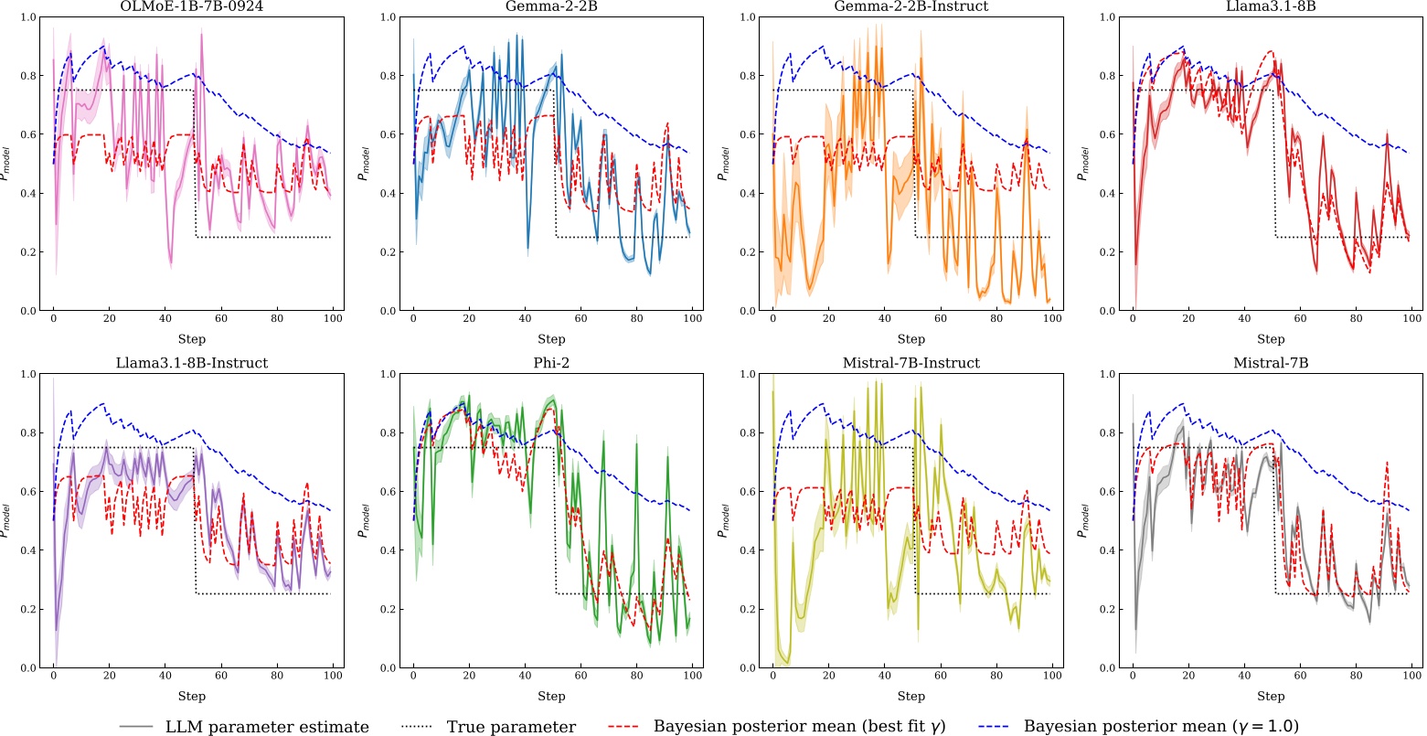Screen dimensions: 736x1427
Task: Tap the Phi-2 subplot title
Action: (x=551, y=363)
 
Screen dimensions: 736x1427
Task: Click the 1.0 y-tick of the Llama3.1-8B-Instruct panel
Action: (x=28, y=374)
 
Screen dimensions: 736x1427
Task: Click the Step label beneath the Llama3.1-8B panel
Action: (x=1272, y=339)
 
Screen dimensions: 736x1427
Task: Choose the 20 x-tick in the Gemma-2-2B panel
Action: (x=469, y=325)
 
